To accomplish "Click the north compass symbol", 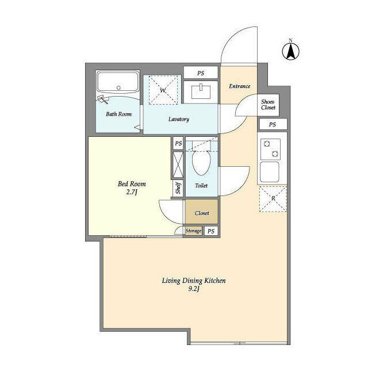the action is (x=290, y=51).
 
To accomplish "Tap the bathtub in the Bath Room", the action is (x=118, y=82).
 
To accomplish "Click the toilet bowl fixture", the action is (x=201, y=162).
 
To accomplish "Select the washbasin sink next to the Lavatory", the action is (x=201, y=92).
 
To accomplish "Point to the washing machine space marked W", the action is (x=163, y=90).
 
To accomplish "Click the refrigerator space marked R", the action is (x=273, y=199).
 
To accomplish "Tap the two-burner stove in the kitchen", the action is (x=271, y=149).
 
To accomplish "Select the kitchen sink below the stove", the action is (x=270, y=172).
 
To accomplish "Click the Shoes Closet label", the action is (x=268, y=105).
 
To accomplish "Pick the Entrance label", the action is (x=239, y=86).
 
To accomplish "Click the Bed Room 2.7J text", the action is (x=132, y=188).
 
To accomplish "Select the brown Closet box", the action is (x=202, y=212).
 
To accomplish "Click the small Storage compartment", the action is (x=193, y=231).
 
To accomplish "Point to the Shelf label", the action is (x=178, y=188).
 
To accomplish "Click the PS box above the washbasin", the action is (x=201, y=73).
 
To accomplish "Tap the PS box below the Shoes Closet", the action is (x=273, y=124).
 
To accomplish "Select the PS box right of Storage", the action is (x=211, y=231).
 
